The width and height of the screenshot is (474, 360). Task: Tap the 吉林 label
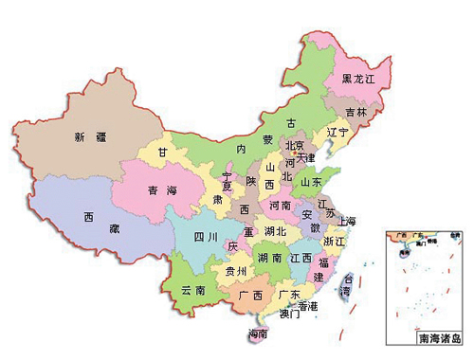click(x=355, y=112)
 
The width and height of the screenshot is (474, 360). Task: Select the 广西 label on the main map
click(x=250, y=297)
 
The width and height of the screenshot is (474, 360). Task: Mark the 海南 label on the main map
click(x=257, y=333)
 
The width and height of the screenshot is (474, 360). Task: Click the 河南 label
click(x=280, y=205)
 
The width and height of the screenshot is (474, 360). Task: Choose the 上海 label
click(x=345, y=221)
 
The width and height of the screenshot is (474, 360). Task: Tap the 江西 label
click(x=302, y=257)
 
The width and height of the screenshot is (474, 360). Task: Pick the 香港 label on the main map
click(x=307, y=305)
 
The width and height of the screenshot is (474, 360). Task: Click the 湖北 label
click(x=276, y=231)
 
